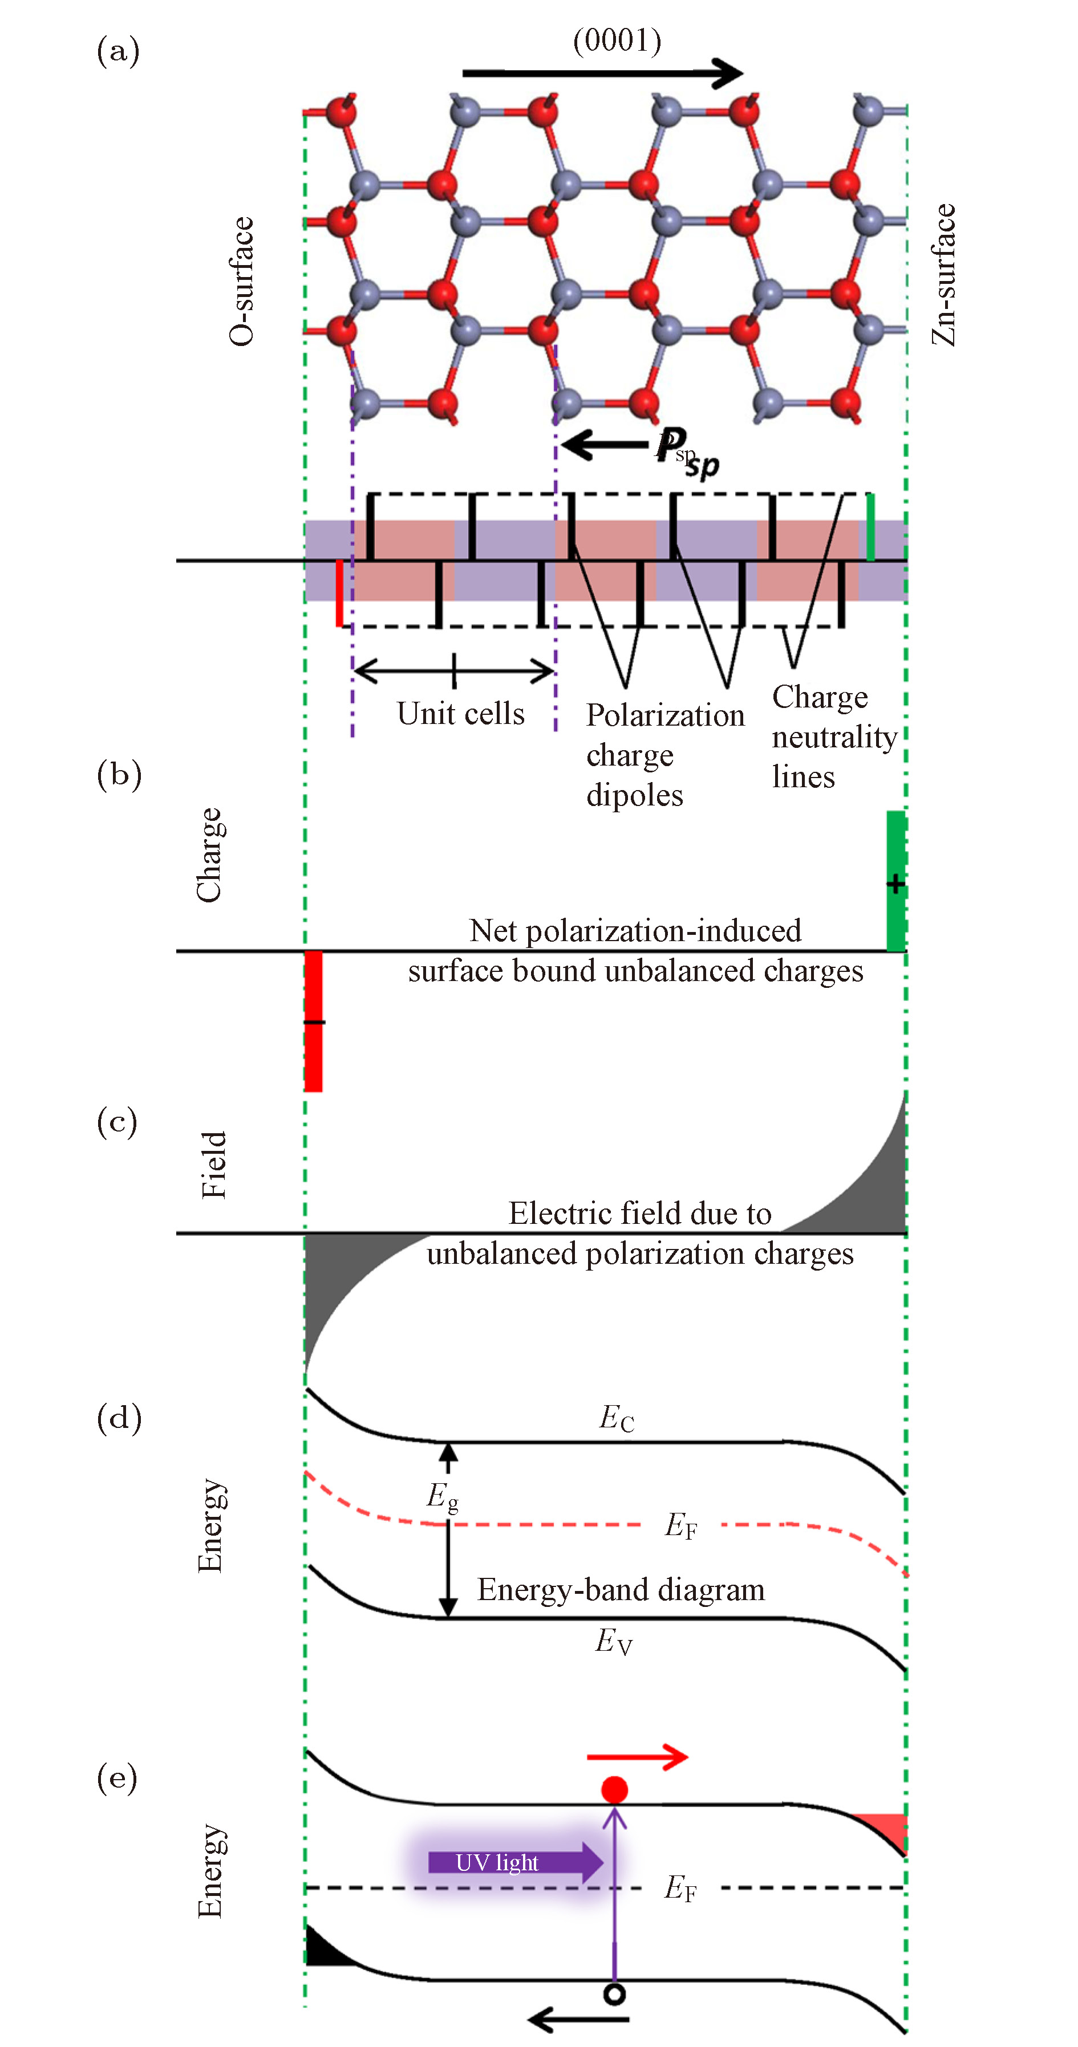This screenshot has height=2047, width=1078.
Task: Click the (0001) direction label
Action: [x=617, y=40]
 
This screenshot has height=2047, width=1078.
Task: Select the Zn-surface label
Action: [x=943, y=275]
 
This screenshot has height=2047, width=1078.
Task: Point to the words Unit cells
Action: [x=460, y=714]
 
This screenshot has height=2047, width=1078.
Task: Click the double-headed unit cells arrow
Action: [x=453, y=672]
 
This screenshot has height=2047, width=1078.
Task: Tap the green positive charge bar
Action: [x=896, y=881]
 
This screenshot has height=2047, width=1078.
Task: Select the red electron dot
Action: [x=614, y=1789]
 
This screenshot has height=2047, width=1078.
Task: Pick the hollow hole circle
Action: [x=614, y=1994]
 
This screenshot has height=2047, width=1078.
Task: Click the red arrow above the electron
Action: [x=637, y=1757]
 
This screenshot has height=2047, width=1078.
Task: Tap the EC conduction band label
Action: [x=616, y=1418]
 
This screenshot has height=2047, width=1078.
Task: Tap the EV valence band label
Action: [x=614, y=1641]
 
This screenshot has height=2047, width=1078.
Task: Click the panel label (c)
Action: [x=117, y=1121]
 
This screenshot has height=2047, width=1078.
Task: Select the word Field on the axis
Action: [x=214, y=1165]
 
